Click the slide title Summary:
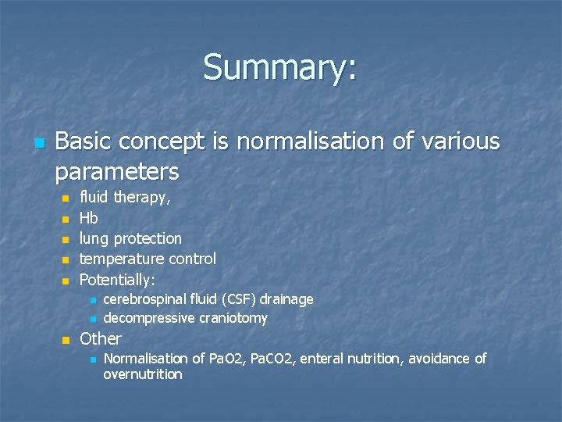[x=280, y=67]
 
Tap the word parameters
[x=117, y=170]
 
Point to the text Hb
[x=89, y=219]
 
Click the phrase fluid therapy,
[x=125, y=198]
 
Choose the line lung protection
[x=130, y=239]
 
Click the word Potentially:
[x=117, y=279]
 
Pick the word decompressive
[x=148, y=319]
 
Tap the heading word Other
[x=101, y=339]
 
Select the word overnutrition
[x=143, y=375]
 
